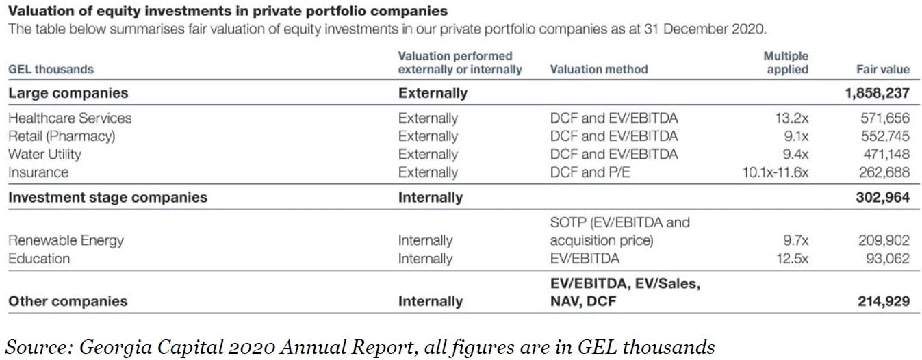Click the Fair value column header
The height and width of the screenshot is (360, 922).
pyautogui.click(x=883, y=69)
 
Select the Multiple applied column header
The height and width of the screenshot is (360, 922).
pyautogui.click(x=786, y=62)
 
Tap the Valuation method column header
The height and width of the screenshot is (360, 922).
pyautogui.click(x=598, y=69)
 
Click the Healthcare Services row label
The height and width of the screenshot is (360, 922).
pyautogui.click(x=70, y=118)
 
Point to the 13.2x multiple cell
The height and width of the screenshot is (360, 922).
pyautogui.click(x=791, y=118)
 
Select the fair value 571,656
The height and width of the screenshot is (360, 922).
pyautogui.click(x=884, y=118)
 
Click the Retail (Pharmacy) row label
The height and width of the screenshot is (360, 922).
pyautogui.click(x=62, y=136)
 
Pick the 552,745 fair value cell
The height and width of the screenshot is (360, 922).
pyautogui.click(x=884, y=136)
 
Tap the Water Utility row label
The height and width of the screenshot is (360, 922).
pyautogui.click(x=44, y=154)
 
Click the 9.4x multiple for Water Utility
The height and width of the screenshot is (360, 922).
pyautogui.click(x=794, y=154)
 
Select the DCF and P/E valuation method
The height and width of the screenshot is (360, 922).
pyautogui.click(x=590, y=172)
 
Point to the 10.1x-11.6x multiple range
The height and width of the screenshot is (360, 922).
pyautogui.click(x=775, y=172)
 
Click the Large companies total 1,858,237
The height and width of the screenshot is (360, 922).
pyautogui.click(x=878, y=92)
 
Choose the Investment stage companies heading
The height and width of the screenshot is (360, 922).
pyautogui.click(x=107, y=197)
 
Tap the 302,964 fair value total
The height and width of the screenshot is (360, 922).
pyautogui.click(x=883, y=197)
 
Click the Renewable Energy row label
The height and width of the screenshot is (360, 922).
pyautogui.click(x=66, y=240)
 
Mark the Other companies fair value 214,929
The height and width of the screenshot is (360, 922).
pyautogui.click(x=883, y=301)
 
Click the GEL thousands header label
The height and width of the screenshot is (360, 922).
pyautogui.click(x=51, y=69)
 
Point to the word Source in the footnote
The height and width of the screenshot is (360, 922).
pyautogui.click(x=36, y=347)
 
